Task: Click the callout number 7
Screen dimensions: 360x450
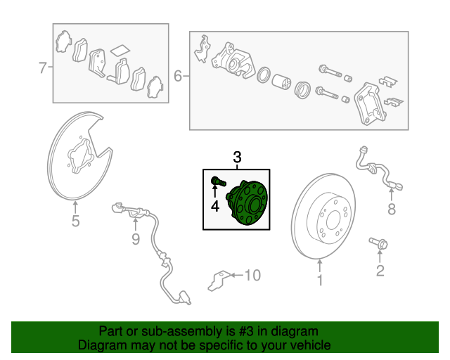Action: [x=42, y=68]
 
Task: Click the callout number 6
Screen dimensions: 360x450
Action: [x=177, y=76]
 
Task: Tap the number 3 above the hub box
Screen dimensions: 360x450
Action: [x=237, y=157]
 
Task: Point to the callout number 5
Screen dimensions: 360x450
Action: [x=75, y=222]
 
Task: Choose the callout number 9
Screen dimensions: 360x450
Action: [x=136, y=240]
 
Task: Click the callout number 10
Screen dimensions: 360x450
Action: [x=252, y=275]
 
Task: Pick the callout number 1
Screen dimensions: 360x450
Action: [x=319, y=282]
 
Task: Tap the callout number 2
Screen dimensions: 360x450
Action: [x=380, y=271]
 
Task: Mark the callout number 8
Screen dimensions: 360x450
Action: [x=392, y=209]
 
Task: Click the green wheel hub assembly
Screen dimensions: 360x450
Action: [x=250, y=203]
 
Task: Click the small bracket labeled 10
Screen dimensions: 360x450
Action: [x=217, y=279]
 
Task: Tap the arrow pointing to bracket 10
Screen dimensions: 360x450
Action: [x=234, y=275]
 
